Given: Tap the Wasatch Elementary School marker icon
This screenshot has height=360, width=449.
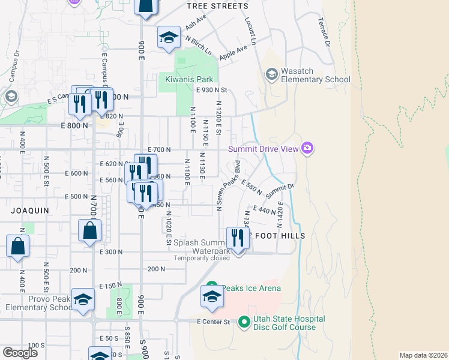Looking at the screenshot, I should click(x=272, y=74).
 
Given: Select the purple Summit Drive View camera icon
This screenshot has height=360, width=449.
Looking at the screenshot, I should click(x=308, y=148).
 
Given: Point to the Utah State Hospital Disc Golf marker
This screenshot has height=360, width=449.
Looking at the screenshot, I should click(x=244, y=323).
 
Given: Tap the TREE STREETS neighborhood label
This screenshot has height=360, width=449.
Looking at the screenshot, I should click(x=217, y=6).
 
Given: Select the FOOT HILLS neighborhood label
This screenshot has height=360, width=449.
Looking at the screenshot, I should click(x=280, y=236).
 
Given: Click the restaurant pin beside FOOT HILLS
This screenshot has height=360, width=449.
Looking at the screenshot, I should click(x=238, y=239).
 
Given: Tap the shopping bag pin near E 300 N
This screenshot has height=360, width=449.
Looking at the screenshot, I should click(x=89, y=231).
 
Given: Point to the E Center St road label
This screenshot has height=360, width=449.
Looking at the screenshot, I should click(x=214, y=322).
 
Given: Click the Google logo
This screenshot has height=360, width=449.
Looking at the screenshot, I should click(x=20, y=353).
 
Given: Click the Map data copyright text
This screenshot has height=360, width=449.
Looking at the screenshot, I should click(x=423, y=355).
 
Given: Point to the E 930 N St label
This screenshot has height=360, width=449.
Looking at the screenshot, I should click(x=213, y=90).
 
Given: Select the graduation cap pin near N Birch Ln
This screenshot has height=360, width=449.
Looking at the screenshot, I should click(x=169, y=38).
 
